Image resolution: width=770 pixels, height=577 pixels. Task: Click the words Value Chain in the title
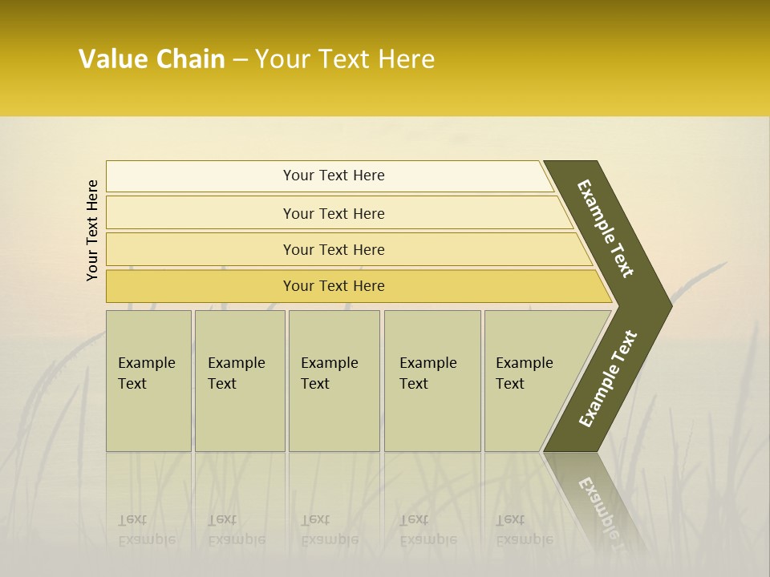point(152,59)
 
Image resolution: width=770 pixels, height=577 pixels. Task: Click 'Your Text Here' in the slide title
point(345,59)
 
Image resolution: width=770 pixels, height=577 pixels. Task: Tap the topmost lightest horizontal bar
point(333,176)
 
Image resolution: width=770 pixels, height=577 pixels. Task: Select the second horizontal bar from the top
point(333,213)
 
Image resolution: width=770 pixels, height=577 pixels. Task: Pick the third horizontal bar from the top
point(333,249)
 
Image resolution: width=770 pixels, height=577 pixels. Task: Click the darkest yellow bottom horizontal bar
point(333,286)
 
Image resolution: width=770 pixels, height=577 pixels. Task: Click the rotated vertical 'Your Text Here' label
point(92,230)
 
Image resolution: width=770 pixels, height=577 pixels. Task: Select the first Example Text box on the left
point(148,381)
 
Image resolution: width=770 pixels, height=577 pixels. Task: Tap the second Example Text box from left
point(239,381)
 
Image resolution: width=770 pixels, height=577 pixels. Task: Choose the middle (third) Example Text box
point(334,381)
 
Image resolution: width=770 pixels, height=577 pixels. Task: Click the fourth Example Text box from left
point(432,381)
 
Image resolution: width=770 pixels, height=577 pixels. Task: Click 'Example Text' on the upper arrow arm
point(606,228)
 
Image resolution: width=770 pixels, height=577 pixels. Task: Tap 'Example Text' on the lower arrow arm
point(607,379)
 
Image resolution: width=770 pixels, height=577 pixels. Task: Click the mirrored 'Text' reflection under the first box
point(132,519)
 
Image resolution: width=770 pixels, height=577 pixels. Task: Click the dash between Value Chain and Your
point(240,60)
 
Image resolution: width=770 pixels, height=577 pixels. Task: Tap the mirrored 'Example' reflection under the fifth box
point(525,539)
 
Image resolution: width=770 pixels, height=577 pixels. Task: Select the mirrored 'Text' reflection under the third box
point(315,519)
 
